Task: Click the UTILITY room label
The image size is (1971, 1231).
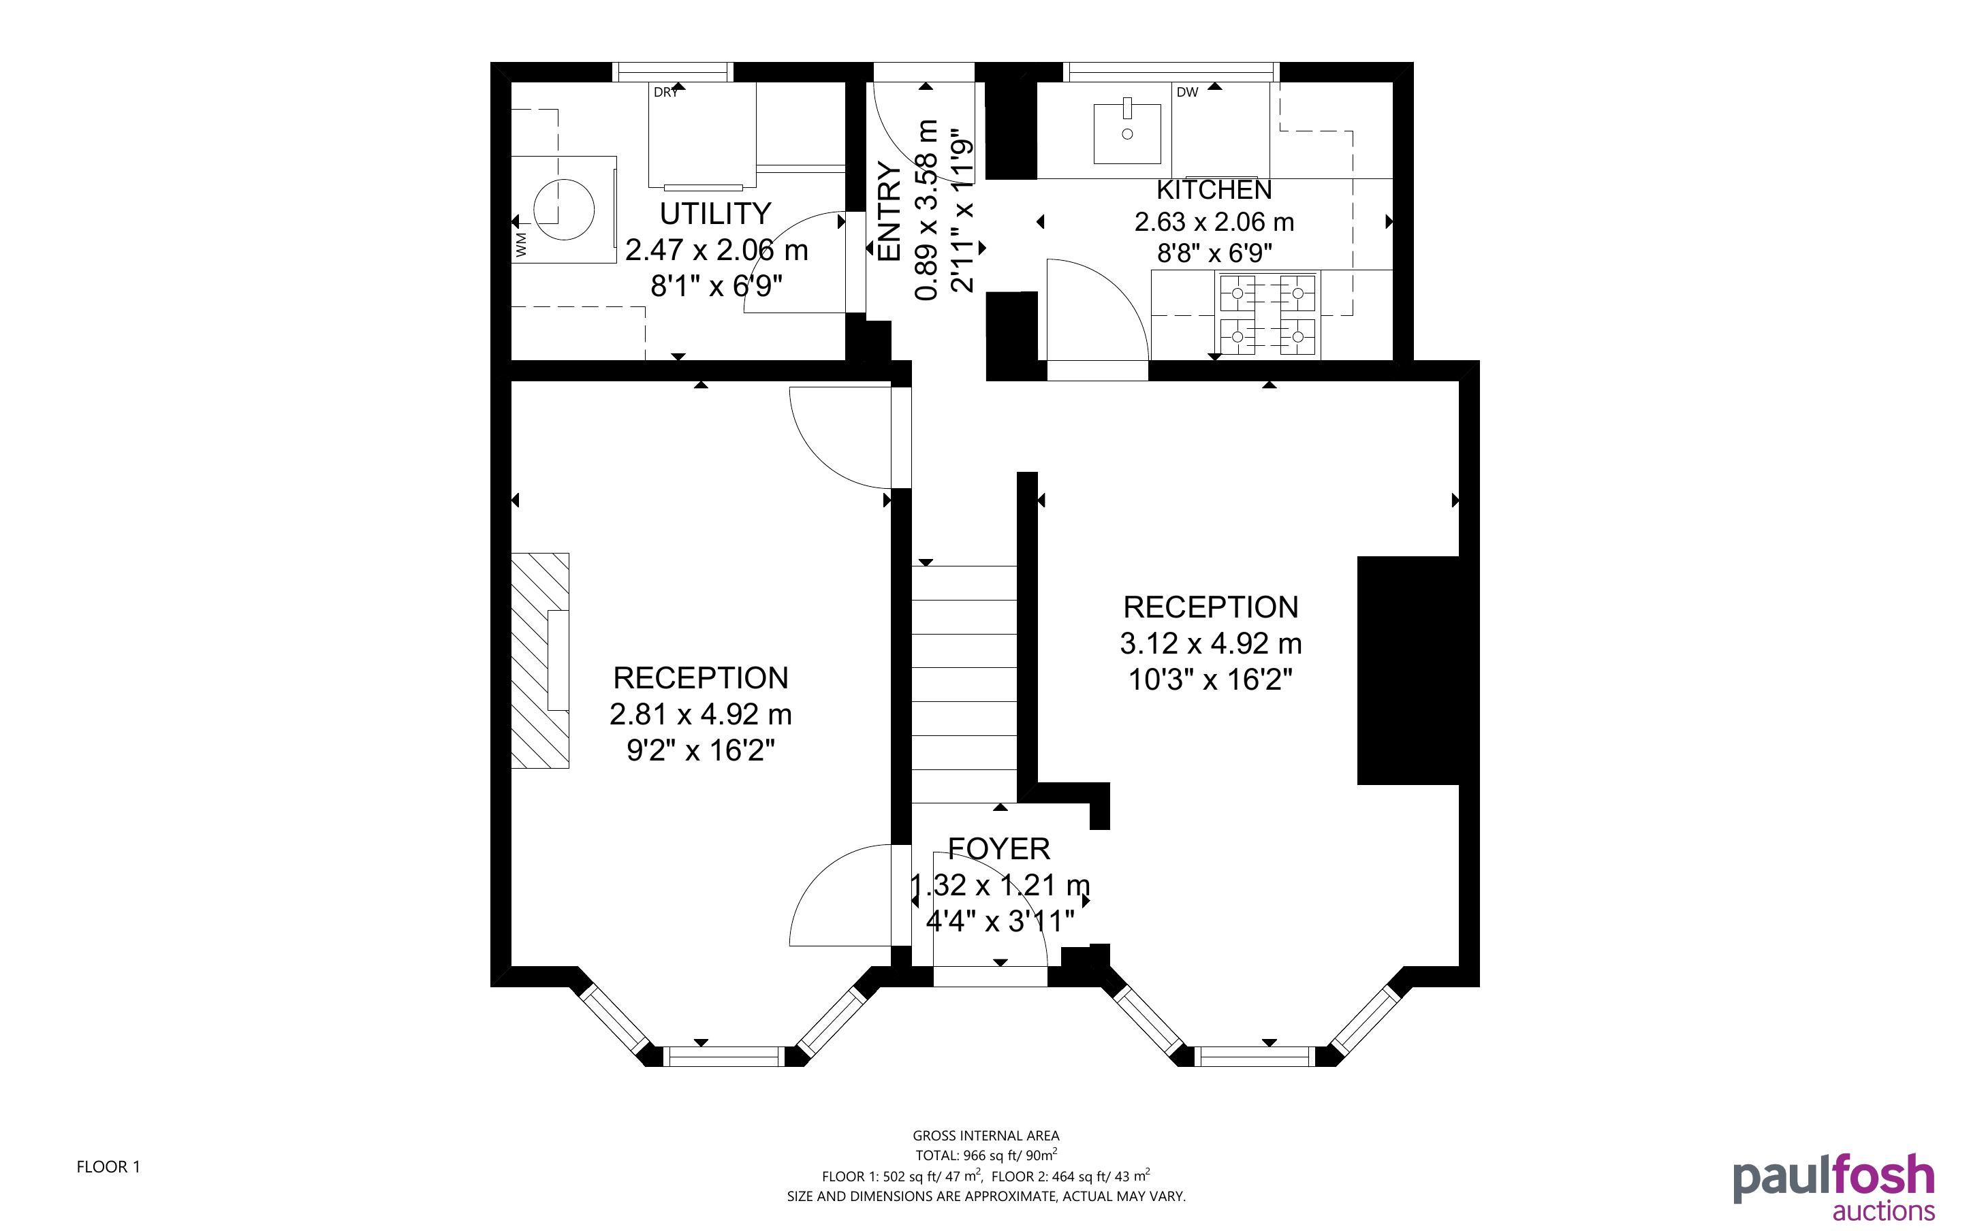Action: click(715, 213)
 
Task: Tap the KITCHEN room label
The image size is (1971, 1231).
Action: click(1214, 190)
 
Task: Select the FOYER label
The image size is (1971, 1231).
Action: click(999, 848)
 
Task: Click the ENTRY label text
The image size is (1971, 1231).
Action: click(890, 212)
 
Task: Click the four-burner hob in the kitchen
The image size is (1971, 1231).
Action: click(1268, 315)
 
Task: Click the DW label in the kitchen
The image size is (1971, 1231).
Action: click(1187, 93)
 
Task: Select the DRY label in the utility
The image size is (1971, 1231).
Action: click(665, 93)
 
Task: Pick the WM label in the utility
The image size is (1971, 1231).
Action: click(521, 244)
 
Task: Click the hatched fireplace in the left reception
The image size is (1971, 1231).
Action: click(540, 660)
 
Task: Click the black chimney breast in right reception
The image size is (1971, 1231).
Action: click(1408, 671)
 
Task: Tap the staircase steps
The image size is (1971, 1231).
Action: click(964, 684)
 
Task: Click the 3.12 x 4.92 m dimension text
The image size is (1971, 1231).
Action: click(1211, 644)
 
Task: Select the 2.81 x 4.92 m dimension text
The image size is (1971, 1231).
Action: click(700, 715)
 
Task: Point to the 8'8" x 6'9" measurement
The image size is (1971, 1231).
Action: click(1214, 254)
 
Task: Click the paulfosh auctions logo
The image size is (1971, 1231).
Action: click(1833, 1186)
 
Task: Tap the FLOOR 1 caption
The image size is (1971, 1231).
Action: click(108, 1167)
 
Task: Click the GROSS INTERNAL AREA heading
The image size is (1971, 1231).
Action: click(986, 1136)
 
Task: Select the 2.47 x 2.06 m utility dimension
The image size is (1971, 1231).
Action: click(716, 250)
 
